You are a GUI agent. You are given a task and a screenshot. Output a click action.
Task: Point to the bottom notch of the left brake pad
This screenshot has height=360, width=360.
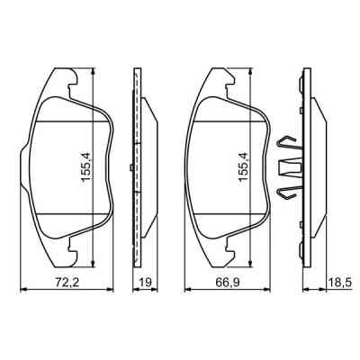coord(69,246)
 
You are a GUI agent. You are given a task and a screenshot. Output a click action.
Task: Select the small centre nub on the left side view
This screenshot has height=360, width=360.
coord(131,168)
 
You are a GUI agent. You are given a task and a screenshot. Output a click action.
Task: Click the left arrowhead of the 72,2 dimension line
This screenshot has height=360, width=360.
coord(23,290)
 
